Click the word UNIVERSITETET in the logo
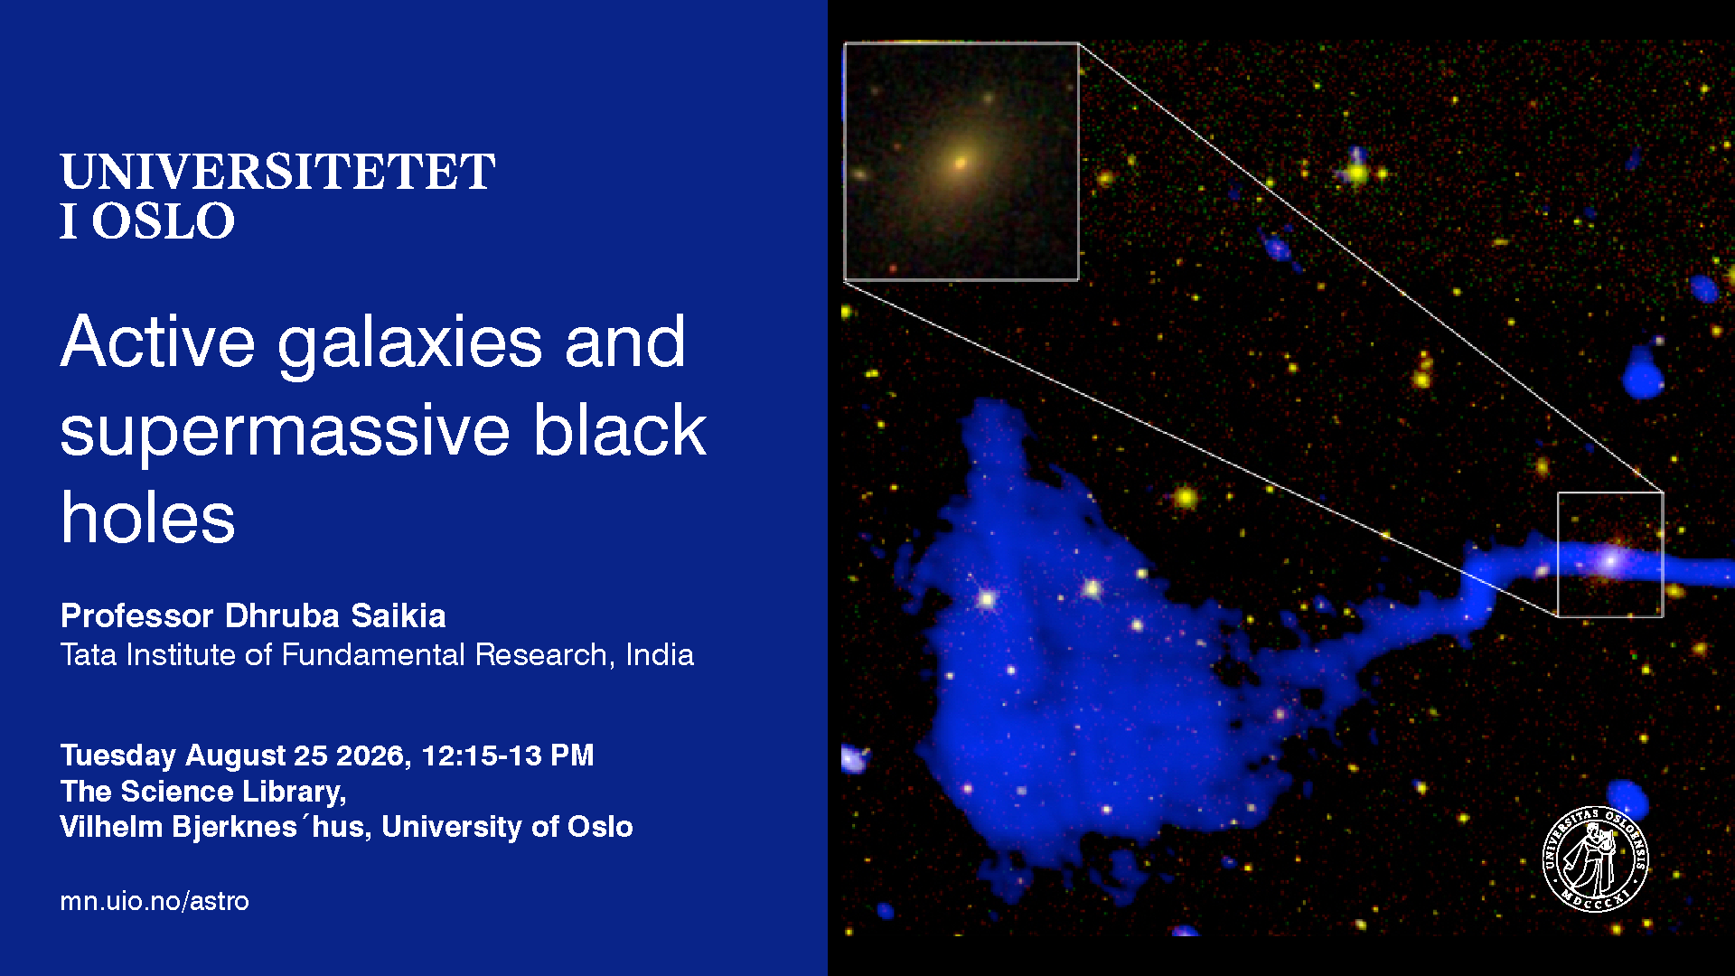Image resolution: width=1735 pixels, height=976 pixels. pos(277,172)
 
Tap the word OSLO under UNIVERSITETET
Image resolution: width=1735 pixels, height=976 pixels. pos(163,221)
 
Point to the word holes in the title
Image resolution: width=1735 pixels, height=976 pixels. pos(148,518)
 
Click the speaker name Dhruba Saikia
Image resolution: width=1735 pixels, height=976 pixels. pos(335,615)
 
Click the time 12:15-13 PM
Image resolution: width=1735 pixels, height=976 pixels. pos(508,755)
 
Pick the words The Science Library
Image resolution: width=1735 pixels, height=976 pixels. pos(202,792)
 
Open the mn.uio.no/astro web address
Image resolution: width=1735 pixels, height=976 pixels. pos(155,901)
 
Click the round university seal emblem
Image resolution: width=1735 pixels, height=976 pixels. pos(1595,859)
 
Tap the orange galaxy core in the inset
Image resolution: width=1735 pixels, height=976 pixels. pos(960,164)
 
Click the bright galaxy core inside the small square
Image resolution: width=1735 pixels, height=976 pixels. pos(1608,561)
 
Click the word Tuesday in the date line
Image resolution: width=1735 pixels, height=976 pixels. pos(118,755)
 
